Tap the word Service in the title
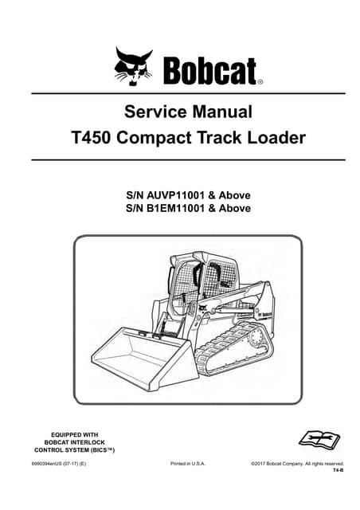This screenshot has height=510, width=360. pyautogui.click(x=155, y=111)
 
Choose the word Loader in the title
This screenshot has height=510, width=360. pyautogui.click(x=276, y=138)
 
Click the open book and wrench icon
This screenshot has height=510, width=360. pyautogui.click(x=318, y=439)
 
